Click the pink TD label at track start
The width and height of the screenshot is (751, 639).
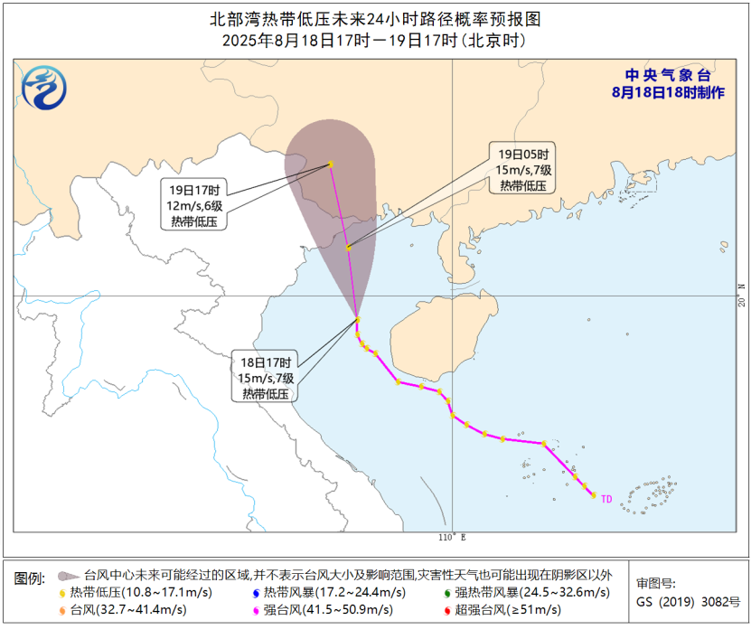[607, 498]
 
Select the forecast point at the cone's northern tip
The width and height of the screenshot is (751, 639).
[331, 164]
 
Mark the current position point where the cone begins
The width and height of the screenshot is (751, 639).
[358, 319]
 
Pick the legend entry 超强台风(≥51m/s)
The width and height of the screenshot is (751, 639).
[502, 610]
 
